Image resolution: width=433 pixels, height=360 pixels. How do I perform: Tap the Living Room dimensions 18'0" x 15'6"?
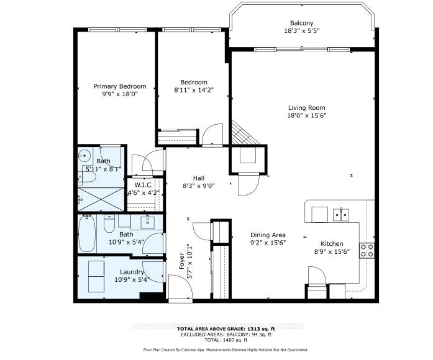coord(307,115)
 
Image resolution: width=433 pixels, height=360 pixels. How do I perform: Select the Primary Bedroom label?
coord(120,86)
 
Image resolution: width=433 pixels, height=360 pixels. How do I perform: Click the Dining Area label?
coord(268,235)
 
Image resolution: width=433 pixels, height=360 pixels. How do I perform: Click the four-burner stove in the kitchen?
coord(367,250)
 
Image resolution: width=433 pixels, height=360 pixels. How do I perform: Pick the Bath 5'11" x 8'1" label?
coord(103,165)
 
